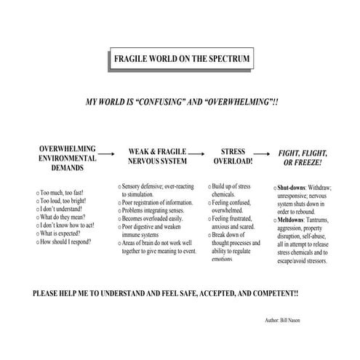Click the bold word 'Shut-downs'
(293, 188)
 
